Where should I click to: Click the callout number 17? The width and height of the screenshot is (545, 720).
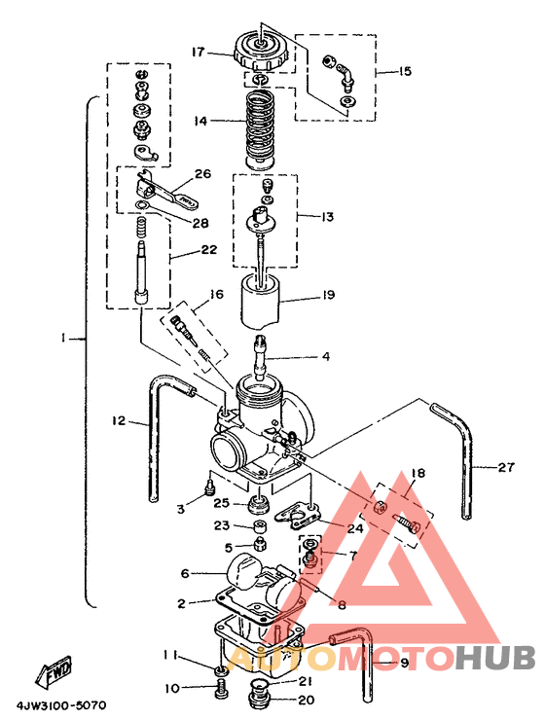tap(199, 52)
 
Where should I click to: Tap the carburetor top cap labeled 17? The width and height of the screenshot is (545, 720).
tap(262, 52)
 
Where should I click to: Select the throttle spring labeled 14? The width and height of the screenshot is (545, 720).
tap(261, 129)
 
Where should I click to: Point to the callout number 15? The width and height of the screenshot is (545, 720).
tap(405, 72)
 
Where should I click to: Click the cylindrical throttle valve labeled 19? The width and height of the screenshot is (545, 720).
tap(261, 301)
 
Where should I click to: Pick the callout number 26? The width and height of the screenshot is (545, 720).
tap(202, 173)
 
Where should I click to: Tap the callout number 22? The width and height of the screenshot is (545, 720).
tap(208, 250)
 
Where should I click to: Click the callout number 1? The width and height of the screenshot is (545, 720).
tap(63, 339)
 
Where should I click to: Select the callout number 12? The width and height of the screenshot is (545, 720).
tap(119, 419)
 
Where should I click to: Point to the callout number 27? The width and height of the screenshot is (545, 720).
tap(506, 466)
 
